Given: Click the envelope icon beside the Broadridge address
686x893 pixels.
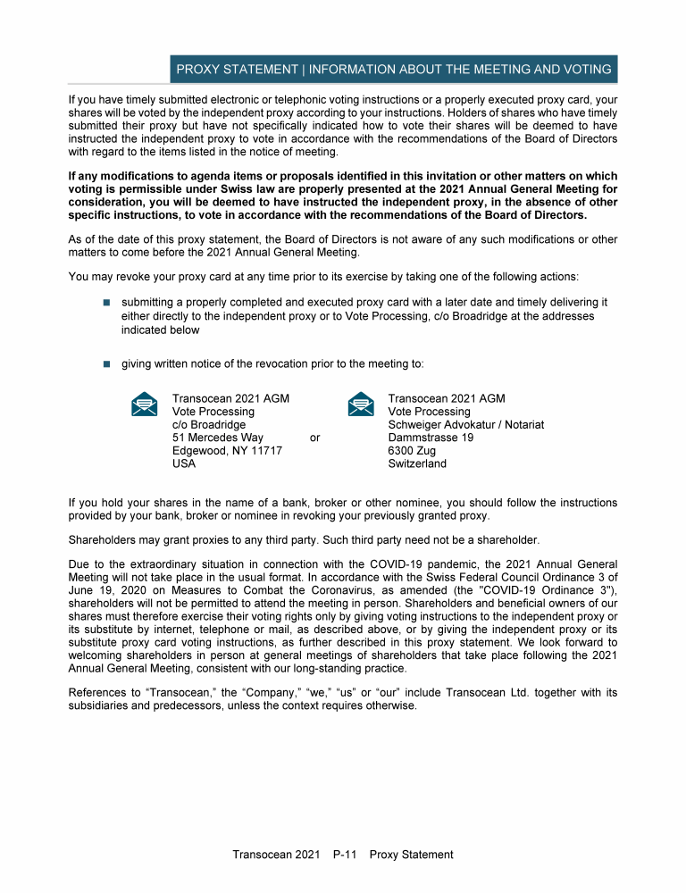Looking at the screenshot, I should pyautogui.click(x=144, y=405).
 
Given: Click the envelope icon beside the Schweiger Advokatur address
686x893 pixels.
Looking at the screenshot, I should pyautogui.click(x=360, y=405).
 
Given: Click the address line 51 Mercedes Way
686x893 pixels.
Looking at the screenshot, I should pyautogui.click(x=217, y=438).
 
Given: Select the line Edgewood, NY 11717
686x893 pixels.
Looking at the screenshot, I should pyautogui.click(x=227, y=451).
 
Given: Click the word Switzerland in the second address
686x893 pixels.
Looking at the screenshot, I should pyautogui.click(x=417, y=463).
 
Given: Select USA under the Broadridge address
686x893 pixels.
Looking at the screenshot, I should pyautogui.click(x=184, y=463).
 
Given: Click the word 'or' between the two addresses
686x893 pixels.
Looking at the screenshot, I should pyautogui.click(x=314, y=438).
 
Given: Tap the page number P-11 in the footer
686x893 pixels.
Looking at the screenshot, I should pyautogui.click(x=345, y=855).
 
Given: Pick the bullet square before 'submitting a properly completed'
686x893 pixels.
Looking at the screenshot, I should pyautogui.click(x=105, y=304).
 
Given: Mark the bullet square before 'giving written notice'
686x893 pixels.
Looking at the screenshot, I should pyautogui.click(x=105, y=363).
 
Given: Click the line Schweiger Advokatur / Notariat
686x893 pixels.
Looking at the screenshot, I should pyautogui.click(x=465, y=424).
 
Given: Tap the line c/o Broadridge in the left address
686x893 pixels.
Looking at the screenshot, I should pyautogui.click(x=208, y=424).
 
